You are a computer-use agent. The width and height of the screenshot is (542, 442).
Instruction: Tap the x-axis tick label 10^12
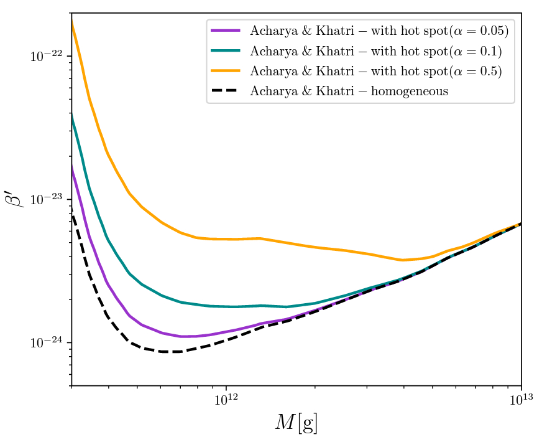click(226, 400)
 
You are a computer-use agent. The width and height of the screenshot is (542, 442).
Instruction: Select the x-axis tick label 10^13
click(521, 400)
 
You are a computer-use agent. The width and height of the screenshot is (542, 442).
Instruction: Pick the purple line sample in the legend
click(227, 31)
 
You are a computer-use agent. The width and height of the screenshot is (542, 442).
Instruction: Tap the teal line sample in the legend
click(227, 50)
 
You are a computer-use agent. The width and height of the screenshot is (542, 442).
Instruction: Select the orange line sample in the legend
click(227, 71)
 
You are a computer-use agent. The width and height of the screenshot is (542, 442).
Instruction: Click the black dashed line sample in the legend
click(227, 92)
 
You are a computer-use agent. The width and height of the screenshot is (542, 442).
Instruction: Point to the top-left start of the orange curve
click(72, 21)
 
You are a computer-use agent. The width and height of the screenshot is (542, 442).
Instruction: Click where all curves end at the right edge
click(521, 223)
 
